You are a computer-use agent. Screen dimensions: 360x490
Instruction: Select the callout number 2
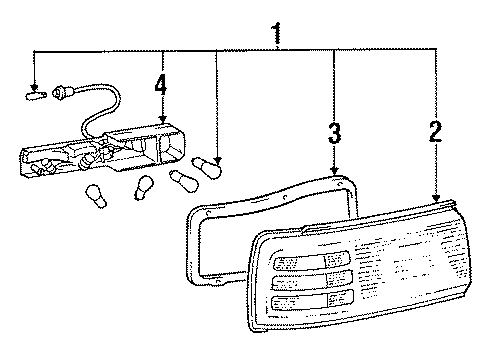coord(436,131)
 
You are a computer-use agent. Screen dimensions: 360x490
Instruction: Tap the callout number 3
coord(334,133)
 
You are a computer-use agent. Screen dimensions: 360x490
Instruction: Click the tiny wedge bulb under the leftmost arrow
coord(36,96)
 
